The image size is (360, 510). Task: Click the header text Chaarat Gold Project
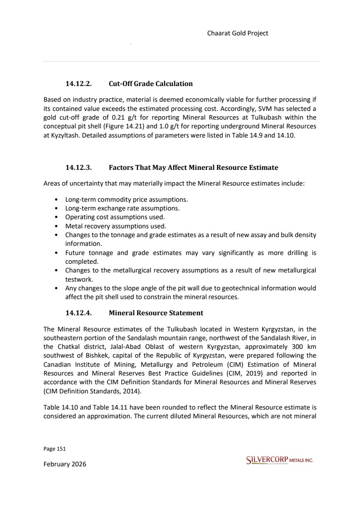(x=237, y=33)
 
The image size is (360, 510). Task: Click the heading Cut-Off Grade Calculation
(x=151, y=83)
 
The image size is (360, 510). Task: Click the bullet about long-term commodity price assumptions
(x=126, y=200)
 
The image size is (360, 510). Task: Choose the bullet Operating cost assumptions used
(x=115, y=217)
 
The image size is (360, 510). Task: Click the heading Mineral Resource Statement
(x=156, y=313)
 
